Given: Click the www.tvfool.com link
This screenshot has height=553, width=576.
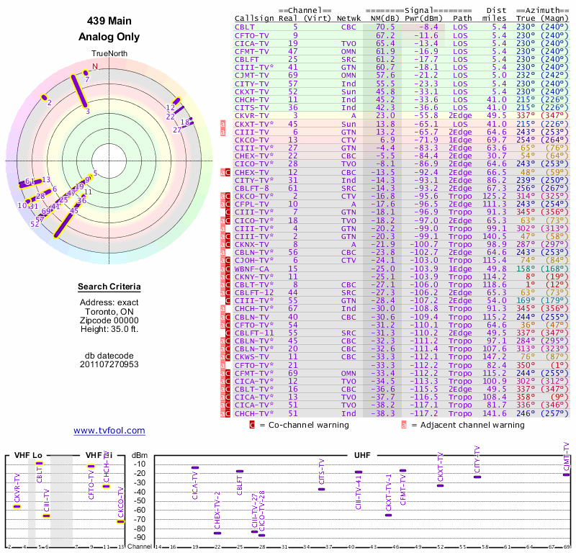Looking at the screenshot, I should [109, 431].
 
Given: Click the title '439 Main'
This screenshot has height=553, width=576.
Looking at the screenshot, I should [109, 21].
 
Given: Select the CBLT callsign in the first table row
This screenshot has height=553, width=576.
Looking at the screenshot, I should [243, 27].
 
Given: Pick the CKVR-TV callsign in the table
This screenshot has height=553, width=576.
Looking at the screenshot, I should [252, 115].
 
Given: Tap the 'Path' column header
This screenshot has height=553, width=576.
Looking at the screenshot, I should [463, 18].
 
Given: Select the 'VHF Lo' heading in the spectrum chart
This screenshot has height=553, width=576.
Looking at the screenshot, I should [28, 456].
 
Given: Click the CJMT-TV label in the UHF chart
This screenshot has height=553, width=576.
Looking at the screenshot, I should [567, 458].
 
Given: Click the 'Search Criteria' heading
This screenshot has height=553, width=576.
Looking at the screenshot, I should [109, 287].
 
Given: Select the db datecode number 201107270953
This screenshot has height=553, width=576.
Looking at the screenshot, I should [109, 364].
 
